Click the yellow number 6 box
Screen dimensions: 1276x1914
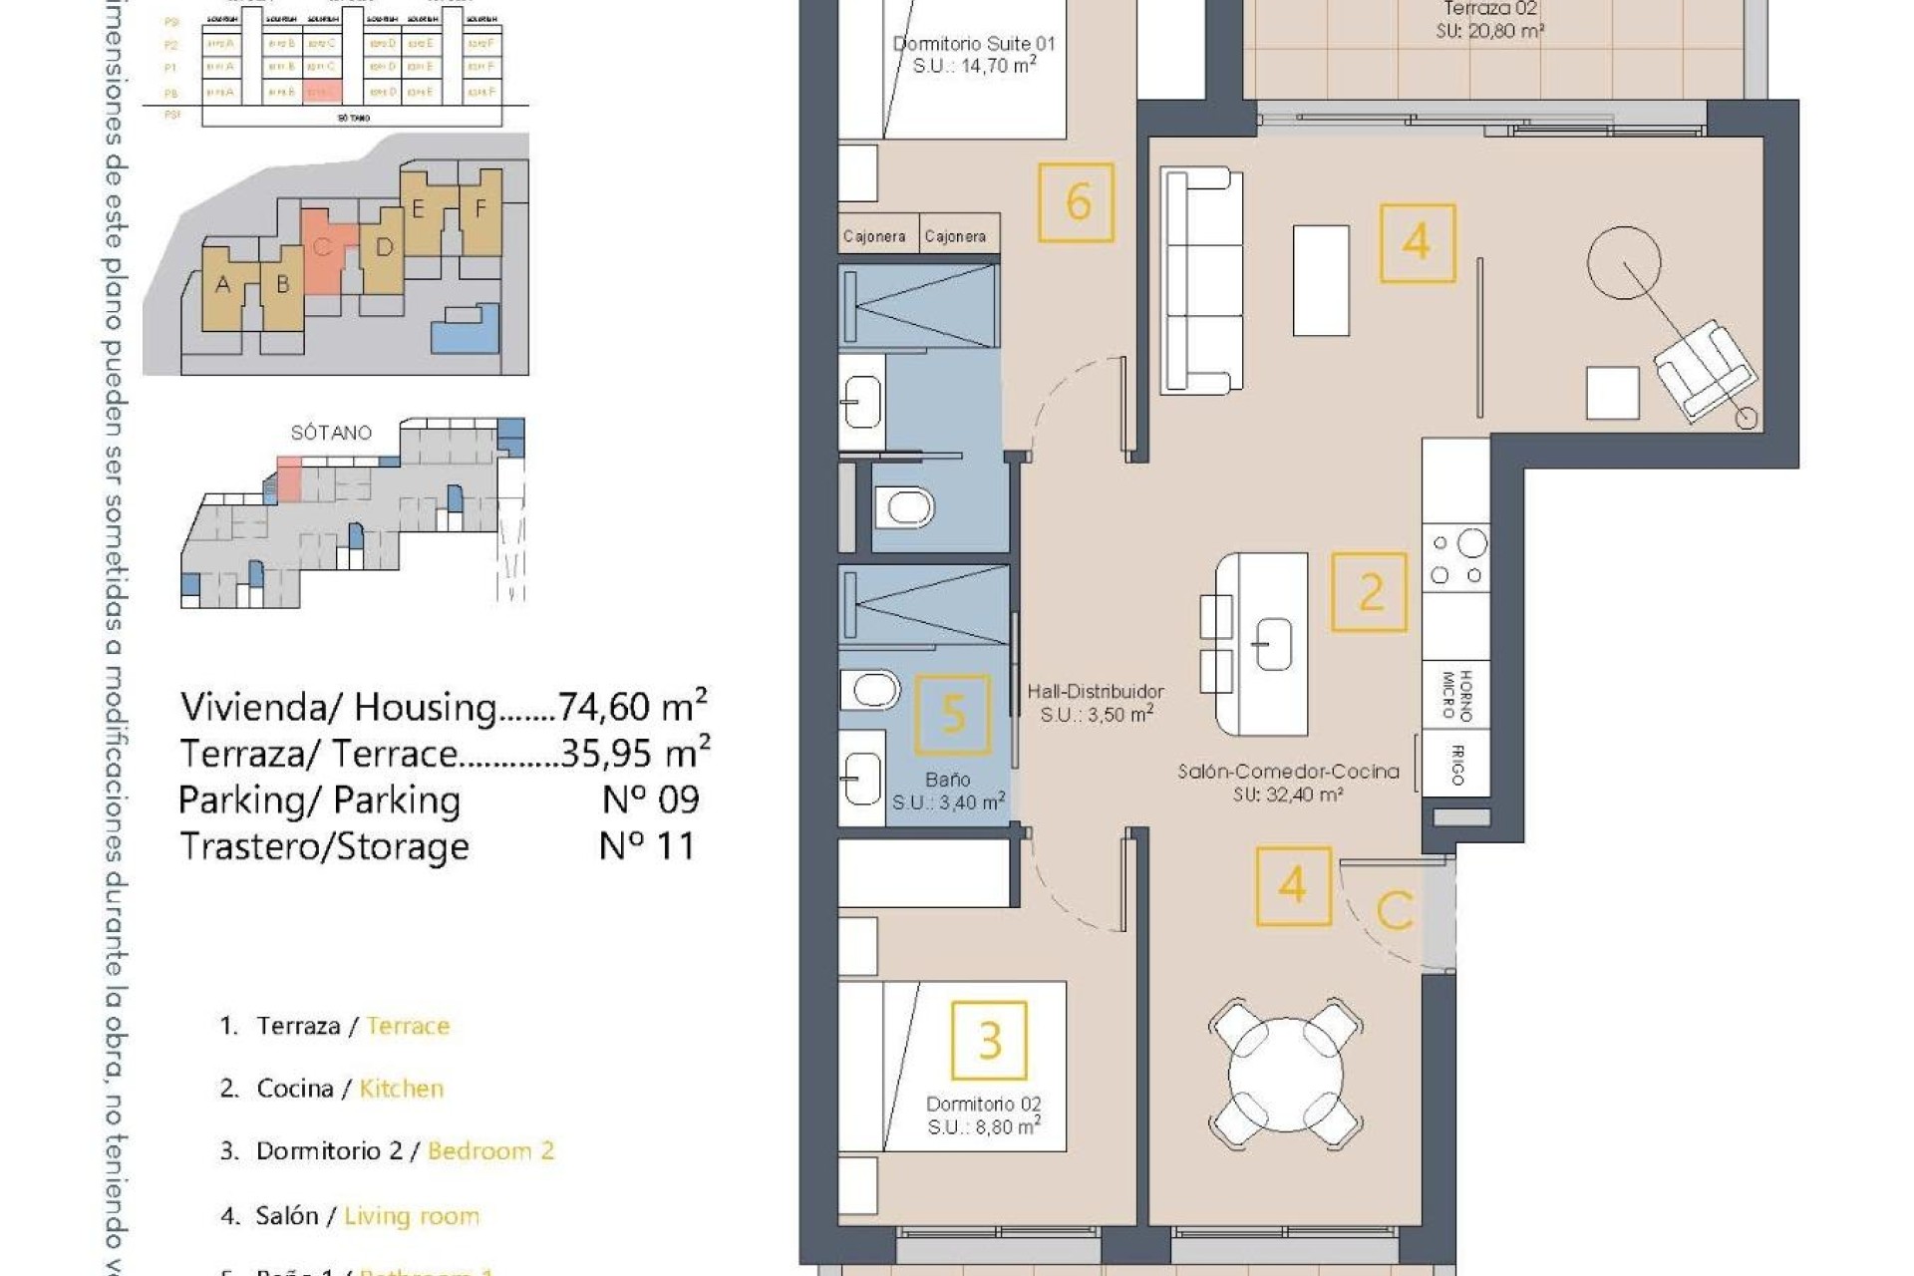1076,202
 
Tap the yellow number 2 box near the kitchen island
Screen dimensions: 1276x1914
1370,593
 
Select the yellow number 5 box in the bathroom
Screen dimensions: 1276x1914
953,714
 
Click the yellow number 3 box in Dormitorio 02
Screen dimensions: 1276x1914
989,1041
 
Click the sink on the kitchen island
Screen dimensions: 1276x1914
1272,643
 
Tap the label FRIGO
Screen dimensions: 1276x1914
1456,765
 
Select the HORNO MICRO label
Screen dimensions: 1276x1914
1456,694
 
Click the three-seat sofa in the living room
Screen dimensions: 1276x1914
1202,280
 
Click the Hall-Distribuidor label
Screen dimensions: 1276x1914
1096,691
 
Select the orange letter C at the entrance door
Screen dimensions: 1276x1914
1395,909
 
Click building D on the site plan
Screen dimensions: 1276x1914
384,247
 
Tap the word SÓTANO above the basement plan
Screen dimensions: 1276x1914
331,433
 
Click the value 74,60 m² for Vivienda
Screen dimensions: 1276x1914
632,706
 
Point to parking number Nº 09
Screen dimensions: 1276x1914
651,799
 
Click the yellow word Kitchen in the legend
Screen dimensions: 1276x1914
401,1089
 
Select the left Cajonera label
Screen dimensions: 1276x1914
874,236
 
